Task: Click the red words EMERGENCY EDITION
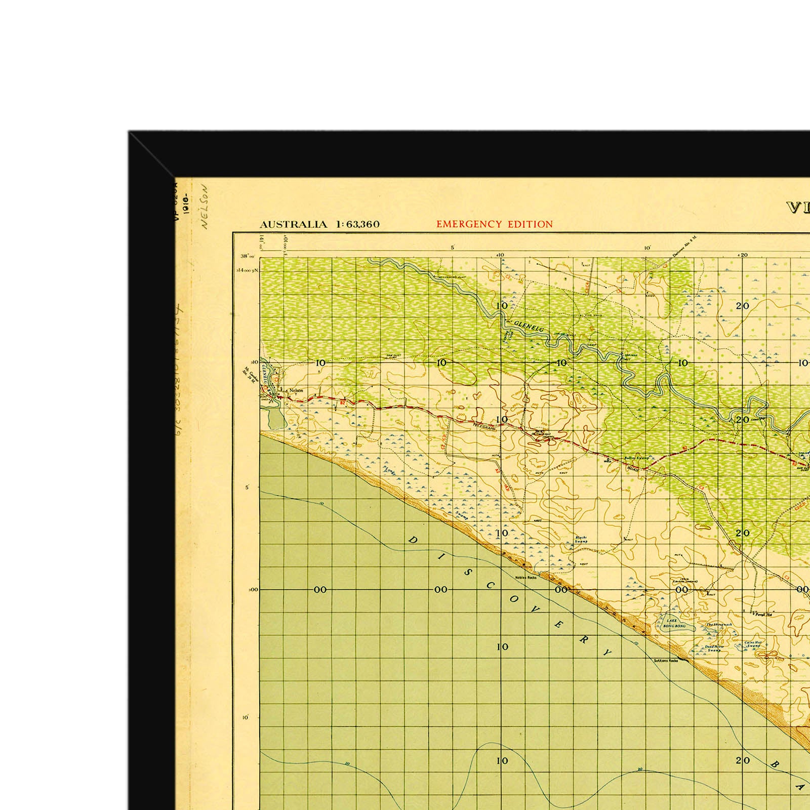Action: click(x=495, y=224)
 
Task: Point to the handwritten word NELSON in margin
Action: click(x=205, y=207)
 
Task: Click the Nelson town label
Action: click(x=296, y=390)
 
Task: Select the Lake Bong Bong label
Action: click(x=674, y=623)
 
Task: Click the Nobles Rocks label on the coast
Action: click(x=525, y=578)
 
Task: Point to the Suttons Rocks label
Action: click(x=666, y=661)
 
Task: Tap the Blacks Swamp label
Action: click(x=581, y=540)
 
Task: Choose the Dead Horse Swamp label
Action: click(x=715, y=648)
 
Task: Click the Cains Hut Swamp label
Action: click(x=753, y=644)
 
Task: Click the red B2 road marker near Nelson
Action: click(x=343, y=402)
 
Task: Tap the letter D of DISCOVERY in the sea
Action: click(x=412, y=540)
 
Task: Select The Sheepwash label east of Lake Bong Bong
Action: click(x=719, y=625)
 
